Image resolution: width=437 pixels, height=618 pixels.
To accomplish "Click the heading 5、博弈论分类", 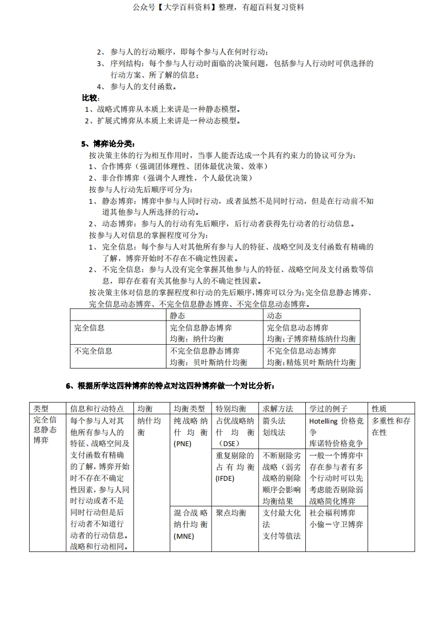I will [107, 144].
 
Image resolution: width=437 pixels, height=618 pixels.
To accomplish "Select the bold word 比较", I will [90, 98].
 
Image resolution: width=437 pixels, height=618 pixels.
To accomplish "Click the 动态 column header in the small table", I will [274, 316].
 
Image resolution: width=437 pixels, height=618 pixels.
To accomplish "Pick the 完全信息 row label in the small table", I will [89, 328].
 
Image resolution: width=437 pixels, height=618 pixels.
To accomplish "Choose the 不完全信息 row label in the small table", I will [93, 351].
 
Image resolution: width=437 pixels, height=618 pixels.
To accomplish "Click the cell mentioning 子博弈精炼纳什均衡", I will [311, 333].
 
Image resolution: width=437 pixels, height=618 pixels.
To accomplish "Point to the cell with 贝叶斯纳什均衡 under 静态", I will [208, 357].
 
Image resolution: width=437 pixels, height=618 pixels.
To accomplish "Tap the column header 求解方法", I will [278, 409].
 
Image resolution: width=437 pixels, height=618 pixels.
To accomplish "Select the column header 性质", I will [379, 409].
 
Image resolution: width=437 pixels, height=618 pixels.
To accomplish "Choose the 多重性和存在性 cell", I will [391, 427].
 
